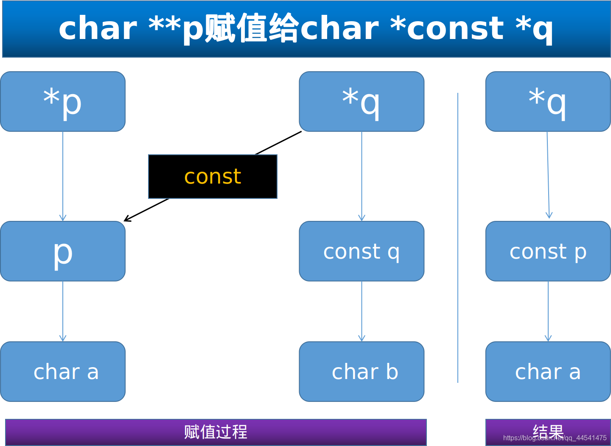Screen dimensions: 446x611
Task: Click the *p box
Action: pyautogui.click(x=63, y=101)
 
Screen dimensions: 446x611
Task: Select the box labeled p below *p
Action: pyautogui.click(x=63, y=251)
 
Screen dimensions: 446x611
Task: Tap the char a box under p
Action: pyautogui.click(x=63, y=371)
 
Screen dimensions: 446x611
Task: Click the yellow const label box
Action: pyautogui.click(x=213, y=176)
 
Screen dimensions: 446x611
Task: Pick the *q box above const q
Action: pyautogui.click(x=362, y=101)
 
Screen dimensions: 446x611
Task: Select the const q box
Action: pyautogui.click(x=362, y=251)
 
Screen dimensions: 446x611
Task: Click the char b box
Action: pyautogui.click(x=362, y=371)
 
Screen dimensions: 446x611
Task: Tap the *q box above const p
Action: pyautogui.click(x=548, y=101)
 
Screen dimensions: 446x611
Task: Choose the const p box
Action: pyautogui.click(x=548, y=251)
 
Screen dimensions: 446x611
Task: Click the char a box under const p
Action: pyautogui.click(x=548, y=371)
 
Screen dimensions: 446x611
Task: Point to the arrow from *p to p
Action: pyautogui.click(x=63, y=176)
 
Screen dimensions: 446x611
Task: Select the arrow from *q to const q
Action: pyautogui.click(x=362, y=176)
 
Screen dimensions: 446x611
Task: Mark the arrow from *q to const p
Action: pyautogui.click(x=548, y=176)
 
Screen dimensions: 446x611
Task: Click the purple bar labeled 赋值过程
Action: pyautogui.click(x=216, y=432)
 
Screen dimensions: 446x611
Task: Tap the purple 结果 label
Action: pyautogui.click(x=548, y=432)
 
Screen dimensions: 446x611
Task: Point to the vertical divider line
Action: pyautogui.click(x=458, y=237)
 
